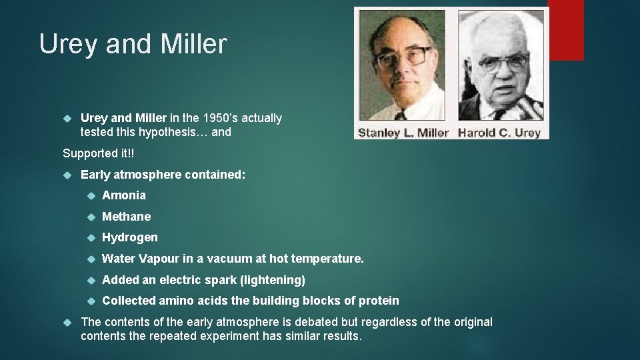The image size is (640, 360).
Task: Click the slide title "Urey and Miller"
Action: [x=133, y=44]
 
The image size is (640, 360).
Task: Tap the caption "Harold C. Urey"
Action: [x=499, y=133]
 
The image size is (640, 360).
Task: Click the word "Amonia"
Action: [x=124, y=195]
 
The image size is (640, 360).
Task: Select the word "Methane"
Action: [x=127, y=217]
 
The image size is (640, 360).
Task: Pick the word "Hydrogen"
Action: [x=130, y=237]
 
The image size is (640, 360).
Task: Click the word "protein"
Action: [x=379, y=301]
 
